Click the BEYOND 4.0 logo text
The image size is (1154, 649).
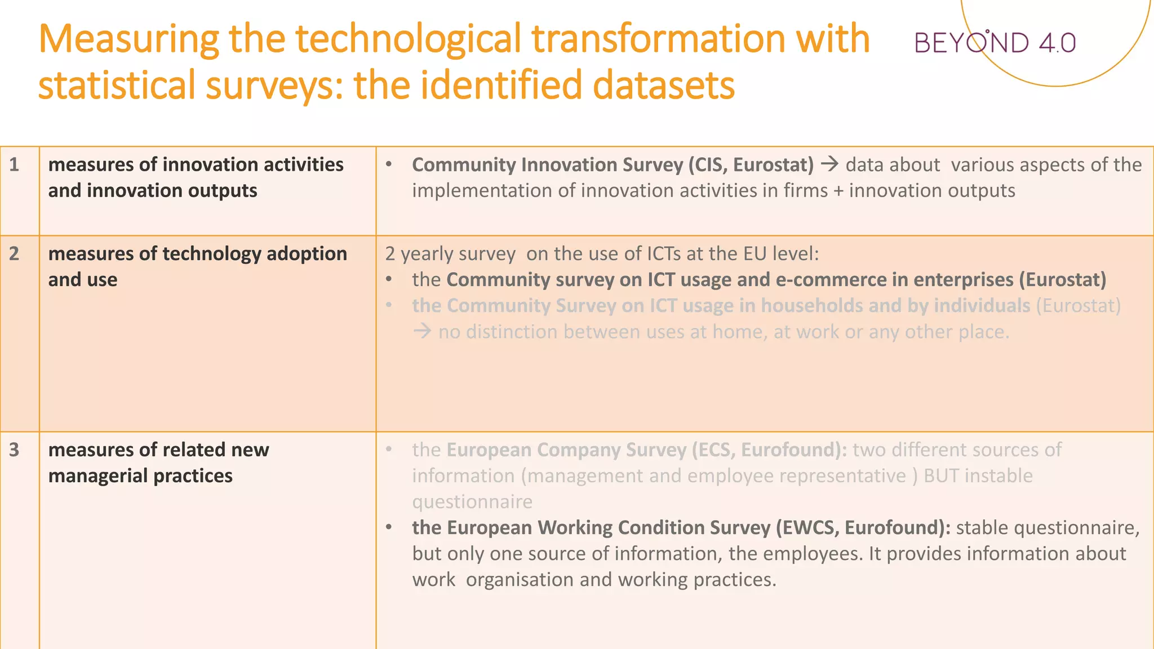[x=995, y=43]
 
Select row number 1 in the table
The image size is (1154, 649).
[x=14, y=165]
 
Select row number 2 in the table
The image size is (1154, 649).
[x=14, y=254]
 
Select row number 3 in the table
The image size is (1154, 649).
[x=14, y=450]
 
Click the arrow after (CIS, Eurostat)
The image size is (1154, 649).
[x=829, y=165]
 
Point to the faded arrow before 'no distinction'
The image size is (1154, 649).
[x=422, y=331]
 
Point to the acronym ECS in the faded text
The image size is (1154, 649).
[x=713, y=450]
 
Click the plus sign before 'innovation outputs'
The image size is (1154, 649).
[x=838, y=191]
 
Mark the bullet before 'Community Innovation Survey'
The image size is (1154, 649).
[x=389, y=165]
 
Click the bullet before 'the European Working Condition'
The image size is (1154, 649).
[x=389, y=528]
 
